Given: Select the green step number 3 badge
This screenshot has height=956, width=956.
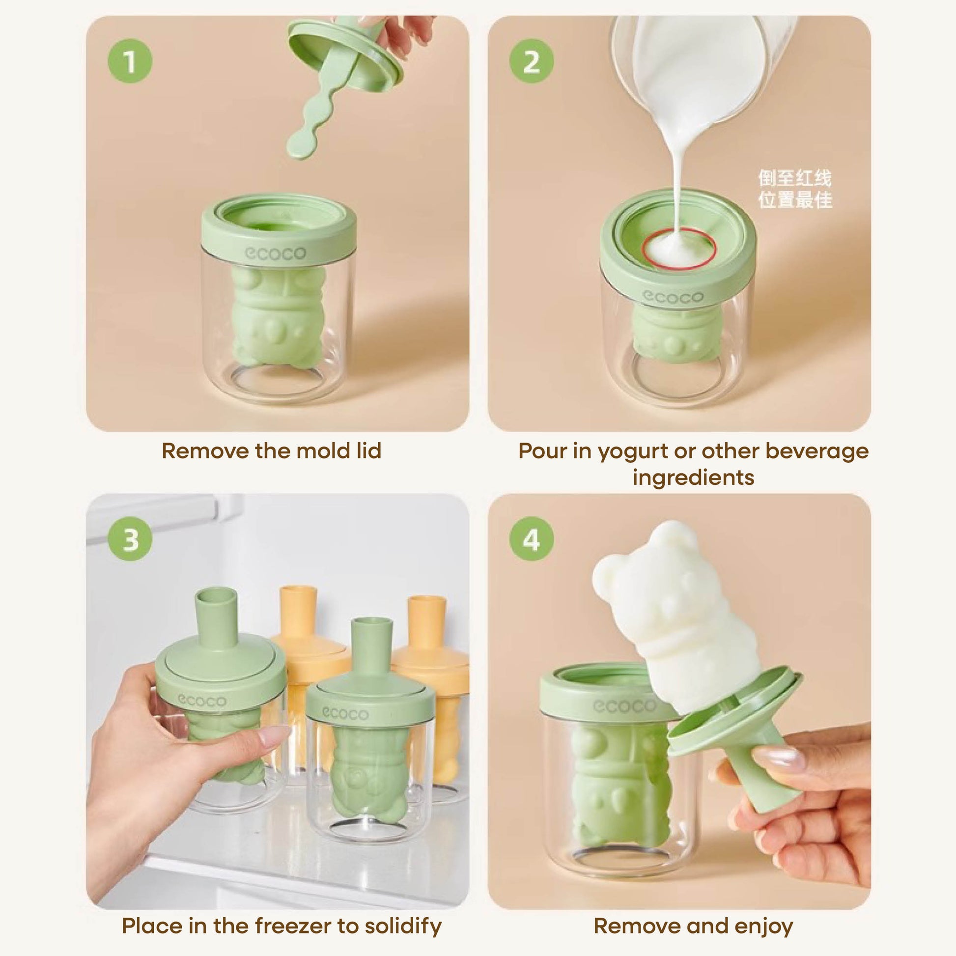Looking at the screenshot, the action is tap(130, 539).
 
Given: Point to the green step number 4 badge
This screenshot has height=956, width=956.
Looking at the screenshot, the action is tap(532, 539).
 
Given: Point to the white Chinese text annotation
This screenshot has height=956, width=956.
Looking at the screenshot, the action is tap(795, 189).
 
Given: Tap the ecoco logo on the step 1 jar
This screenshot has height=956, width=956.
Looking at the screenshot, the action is tap(276, 253).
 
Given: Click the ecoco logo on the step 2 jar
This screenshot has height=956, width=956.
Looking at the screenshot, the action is tap(673, 296).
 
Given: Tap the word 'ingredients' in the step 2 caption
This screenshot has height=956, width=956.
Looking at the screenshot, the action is tap(694, 478).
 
